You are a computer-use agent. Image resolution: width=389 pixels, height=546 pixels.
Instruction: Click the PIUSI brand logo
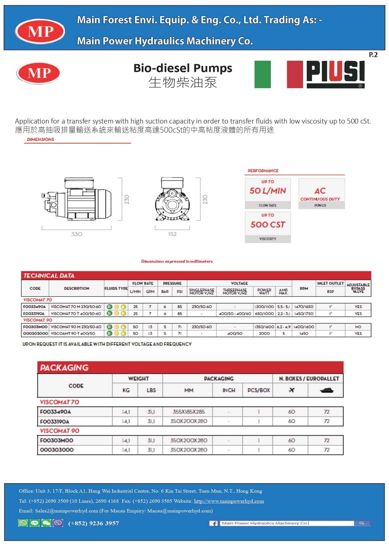335,74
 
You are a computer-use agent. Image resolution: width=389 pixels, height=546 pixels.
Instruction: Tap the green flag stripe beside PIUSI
262,74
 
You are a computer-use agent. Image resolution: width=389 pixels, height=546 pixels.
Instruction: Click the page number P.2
373,55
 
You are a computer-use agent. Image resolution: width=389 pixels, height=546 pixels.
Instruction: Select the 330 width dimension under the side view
77,234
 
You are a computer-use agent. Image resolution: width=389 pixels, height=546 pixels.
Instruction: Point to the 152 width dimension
172,234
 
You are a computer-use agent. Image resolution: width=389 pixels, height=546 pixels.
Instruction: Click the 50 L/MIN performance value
268,191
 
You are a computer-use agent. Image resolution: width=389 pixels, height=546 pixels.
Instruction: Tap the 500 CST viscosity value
268,225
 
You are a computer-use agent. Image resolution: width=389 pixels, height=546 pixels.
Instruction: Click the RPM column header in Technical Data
304,288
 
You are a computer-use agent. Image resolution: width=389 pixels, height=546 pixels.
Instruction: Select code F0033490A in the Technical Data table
35,307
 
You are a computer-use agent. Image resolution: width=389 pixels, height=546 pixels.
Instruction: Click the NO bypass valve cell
358,327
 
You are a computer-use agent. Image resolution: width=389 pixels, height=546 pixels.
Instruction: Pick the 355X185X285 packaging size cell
188,412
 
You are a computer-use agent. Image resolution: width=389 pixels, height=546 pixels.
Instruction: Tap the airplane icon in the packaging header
291,390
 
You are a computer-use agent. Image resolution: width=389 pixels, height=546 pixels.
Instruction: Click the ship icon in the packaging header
327,390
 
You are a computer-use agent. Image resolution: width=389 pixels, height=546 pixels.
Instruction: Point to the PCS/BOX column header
259,390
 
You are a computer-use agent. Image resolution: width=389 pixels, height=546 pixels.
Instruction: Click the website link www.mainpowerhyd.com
229,501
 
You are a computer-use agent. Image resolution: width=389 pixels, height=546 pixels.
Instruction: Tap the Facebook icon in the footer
214,523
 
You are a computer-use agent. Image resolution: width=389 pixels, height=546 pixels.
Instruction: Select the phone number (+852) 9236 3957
94,523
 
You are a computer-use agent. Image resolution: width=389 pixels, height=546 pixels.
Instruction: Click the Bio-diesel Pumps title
183,68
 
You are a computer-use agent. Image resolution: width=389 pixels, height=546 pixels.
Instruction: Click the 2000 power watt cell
264,333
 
